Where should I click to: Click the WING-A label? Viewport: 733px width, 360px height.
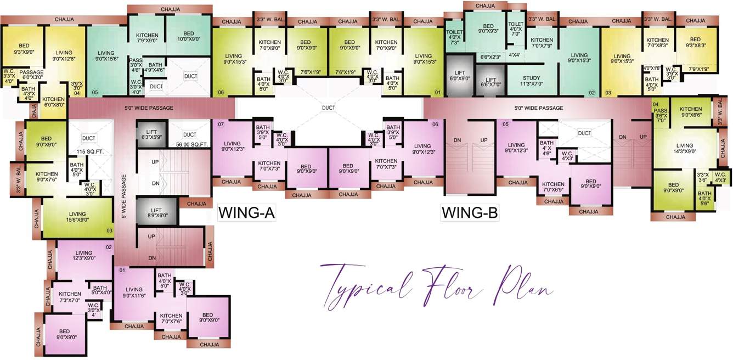(246, 212)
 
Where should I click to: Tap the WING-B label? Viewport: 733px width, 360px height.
(470, 212)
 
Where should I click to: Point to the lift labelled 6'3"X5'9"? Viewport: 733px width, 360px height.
(152, 134)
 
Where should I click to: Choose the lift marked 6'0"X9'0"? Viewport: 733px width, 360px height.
(460, 75)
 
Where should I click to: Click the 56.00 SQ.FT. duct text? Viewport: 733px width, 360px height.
(190, 144)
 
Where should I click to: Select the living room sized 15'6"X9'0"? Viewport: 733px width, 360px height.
(77, 217)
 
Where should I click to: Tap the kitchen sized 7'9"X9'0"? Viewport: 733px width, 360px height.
(147, 38)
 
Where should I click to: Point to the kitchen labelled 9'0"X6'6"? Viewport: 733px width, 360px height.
(691, 113)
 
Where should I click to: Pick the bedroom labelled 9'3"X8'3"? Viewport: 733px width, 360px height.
(695, 43)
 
